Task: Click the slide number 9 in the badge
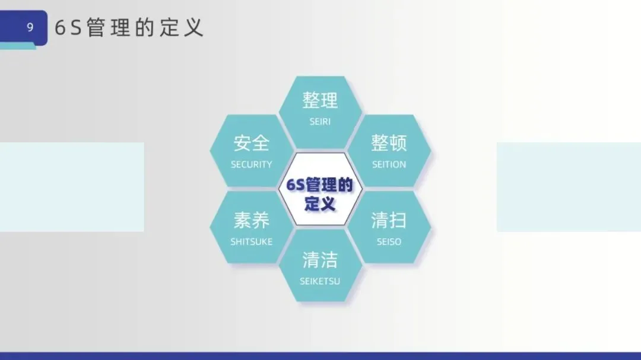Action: (30, 27)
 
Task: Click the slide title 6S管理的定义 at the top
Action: (129, 28)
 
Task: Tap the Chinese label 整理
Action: (320, 100)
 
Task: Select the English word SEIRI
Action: (320, 122)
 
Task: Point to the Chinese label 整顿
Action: (389, 143)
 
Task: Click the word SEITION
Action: (389, 165)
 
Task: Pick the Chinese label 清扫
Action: (389, 220)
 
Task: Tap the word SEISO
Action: (389, 242)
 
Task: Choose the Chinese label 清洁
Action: (320, 260)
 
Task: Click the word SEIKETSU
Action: (320, 281)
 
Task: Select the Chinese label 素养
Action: (252, 220)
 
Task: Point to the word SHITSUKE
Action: (252, 242)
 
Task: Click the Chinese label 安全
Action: (252, 143)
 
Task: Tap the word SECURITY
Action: (252, 165)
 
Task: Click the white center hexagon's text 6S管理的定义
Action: (320, 194)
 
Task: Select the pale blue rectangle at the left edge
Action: (72, 187)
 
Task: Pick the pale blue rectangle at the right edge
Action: (569, 187)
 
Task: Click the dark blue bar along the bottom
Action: (320, 356)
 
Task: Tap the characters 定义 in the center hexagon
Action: (320, 203)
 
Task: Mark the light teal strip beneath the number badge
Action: (18, 47)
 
